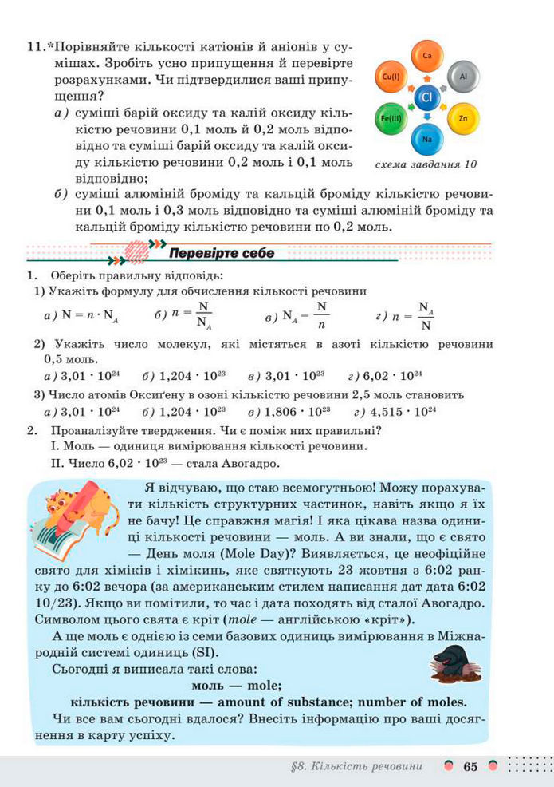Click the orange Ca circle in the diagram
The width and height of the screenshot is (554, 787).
[426, 56]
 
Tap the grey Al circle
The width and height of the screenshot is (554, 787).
[462, 77]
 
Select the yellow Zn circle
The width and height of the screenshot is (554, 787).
[462, 118]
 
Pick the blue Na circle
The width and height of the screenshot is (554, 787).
[427, 139]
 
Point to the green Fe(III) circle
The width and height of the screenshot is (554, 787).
[391, 118]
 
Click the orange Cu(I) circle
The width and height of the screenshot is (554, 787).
[391, 77]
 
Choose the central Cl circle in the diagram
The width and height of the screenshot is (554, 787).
[426, 97]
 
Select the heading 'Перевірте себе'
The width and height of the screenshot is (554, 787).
[222, 253]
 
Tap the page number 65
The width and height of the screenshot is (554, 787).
[470, 766]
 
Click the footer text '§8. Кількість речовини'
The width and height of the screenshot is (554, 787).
[356, 766]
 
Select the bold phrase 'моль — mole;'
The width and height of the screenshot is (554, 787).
[237, 684]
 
